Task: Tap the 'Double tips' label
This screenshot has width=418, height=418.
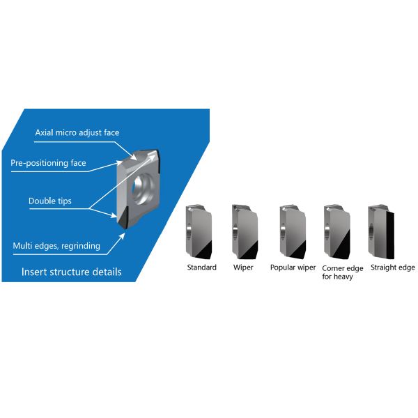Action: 49,201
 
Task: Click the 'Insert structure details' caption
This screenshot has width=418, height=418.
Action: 72,272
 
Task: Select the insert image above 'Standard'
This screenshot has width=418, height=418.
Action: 200,232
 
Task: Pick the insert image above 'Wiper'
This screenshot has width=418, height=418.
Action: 245,232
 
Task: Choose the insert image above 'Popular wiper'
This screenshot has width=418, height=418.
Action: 293,232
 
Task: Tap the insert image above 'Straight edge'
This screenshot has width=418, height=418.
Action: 382,232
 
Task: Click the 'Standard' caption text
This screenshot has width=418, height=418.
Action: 201,267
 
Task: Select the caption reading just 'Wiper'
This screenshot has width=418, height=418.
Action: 244,267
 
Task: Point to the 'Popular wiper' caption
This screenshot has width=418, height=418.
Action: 293,267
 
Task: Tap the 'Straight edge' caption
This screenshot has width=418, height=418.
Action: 392,267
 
